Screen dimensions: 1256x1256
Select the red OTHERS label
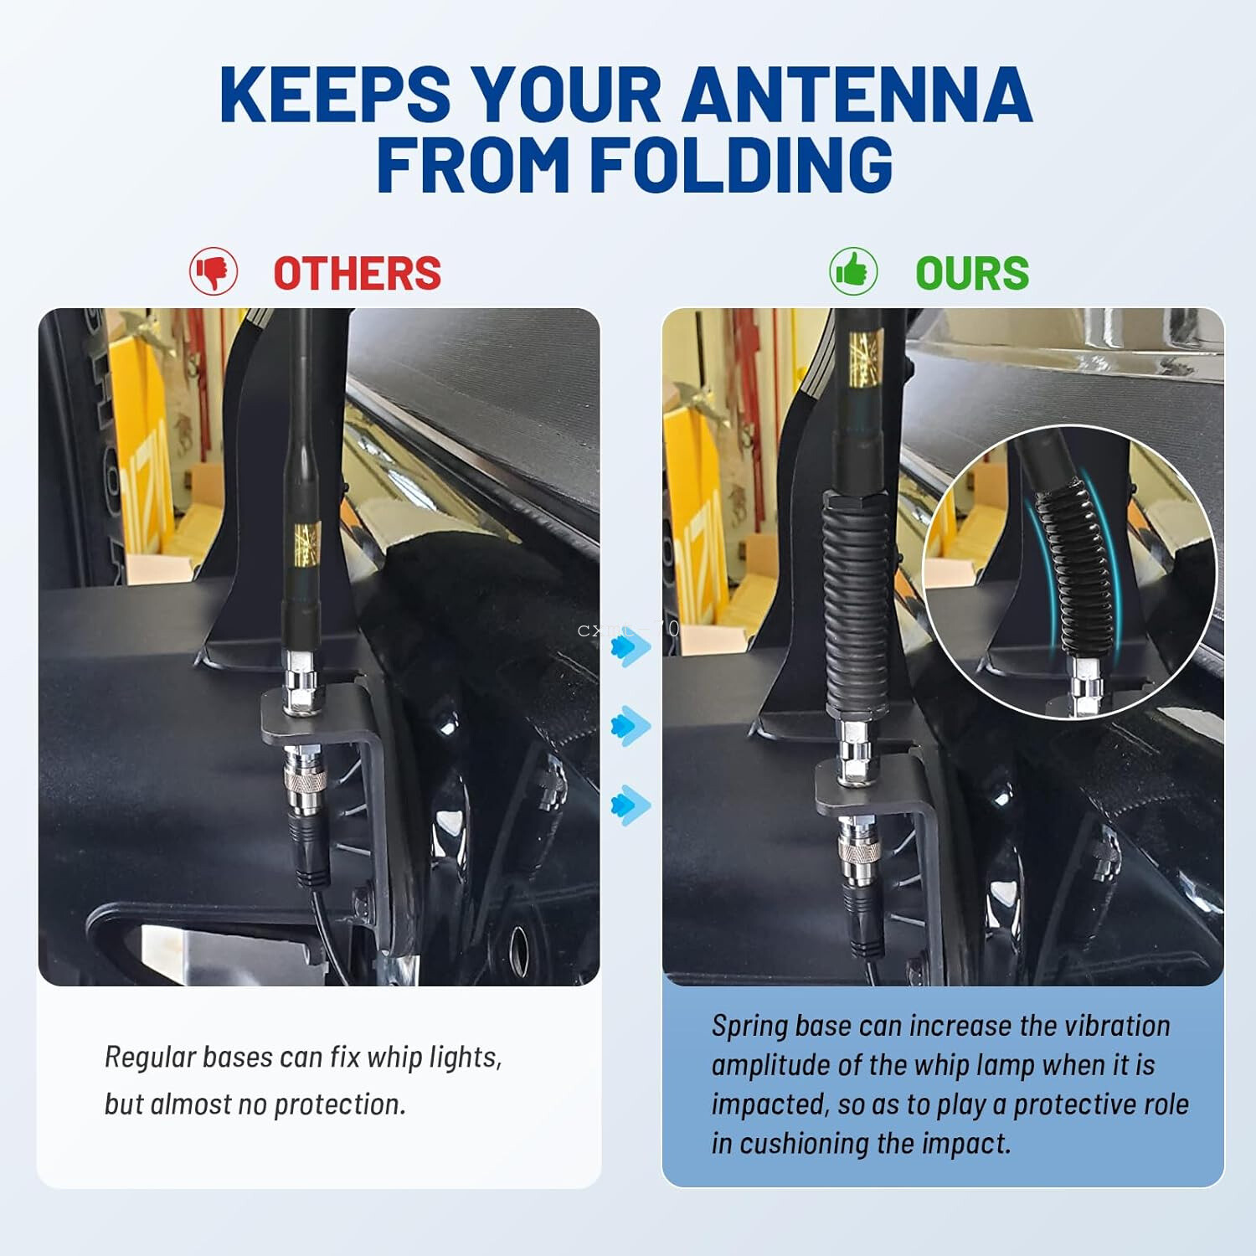pyautogui.click(x=357, y=273)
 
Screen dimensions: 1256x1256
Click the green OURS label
pyautogui.click(x=971, y=273)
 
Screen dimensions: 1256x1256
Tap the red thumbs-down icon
pyautogui.click(x=214, y=271)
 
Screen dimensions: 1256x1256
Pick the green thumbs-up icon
pyautogui.click(x=853, y=271)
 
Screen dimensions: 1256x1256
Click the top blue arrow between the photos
pyautogui.click(x=630, y=647)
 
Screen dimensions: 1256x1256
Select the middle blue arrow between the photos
pyautogui.click(x=630, y=725)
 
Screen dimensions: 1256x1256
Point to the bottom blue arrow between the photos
pyautogui.click(x=630, y=805)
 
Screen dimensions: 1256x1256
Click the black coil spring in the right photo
pyautogui.click(x=856, y=603)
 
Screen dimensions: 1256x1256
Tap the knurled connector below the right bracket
pyautogui.click(x=859, y=852)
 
